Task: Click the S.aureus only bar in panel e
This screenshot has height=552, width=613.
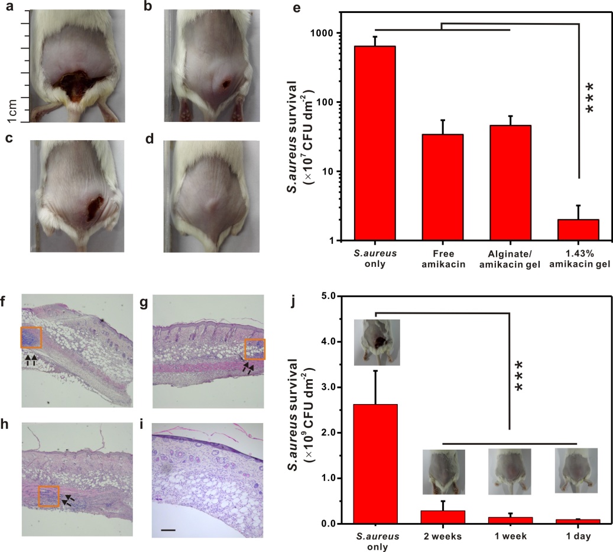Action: point(375,143)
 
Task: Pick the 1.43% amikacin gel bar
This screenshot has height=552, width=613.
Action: point(579,230)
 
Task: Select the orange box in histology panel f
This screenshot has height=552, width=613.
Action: point(31,338)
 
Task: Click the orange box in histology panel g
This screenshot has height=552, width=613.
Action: point(255,349)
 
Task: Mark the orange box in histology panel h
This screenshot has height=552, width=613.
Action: point(48,496)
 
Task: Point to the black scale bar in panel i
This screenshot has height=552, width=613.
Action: point(168,530)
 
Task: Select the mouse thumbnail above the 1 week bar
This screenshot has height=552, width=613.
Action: point(509,472)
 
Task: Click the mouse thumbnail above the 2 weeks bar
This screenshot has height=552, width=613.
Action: point(443,472)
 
